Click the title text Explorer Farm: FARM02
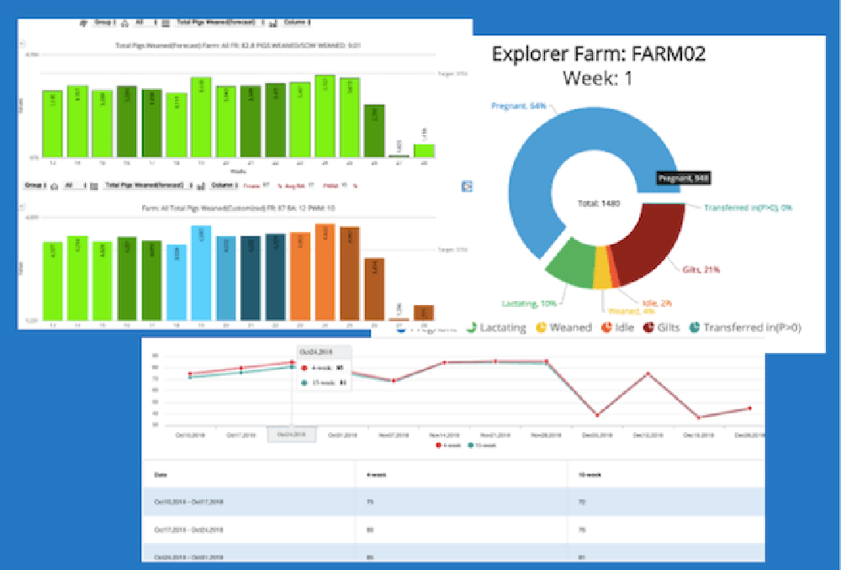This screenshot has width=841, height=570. tap(599, 55)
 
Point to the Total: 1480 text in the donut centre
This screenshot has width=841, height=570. tap(599, 203)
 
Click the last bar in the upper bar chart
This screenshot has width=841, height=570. tap(425, 150)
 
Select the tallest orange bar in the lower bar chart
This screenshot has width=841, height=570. tap(325, 271)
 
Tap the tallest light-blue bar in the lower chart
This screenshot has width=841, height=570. tap(201, 272)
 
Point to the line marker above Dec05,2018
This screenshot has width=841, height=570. tap(597, 414)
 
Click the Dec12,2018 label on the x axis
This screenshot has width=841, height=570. tap(648, 435)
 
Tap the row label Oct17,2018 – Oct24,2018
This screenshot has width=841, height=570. tap(189, 530)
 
